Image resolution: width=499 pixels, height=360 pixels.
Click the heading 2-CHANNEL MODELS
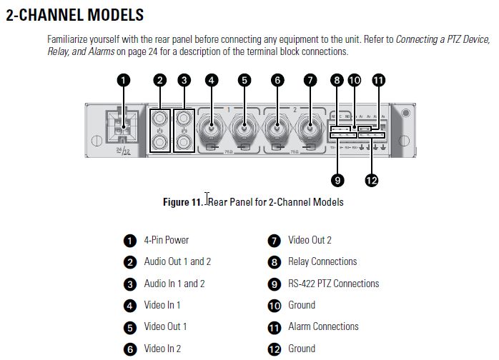pos(74,14)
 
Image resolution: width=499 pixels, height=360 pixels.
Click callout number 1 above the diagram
pos(124,81)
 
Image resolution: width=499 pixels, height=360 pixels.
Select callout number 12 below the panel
pos(371,181)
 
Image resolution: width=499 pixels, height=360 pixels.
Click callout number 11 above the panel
pos(378,81)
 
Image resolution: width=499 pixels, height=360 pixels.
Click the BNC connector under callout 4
pos(211,130)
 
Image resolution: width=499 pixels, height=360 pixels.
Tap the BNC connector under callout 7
pos(310,130)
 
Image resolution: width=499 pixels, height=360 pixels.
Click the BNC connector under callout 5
pos(244,130)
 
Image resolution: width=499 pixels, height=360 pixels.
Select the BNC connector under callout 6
pos(277,130)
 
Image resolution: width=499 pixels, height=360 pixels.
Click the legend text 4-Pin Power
pos(166,240)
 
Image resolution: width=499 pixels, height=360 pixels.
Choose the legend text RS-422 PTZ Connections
pos(333,284)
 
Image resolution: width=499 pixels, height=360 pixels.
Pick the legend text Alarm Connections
pos(323,326)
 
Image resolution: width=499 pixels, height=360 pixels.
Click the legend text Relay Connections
pos(322,261)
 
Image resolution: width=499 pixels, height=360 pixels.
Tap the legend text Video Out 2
pos(310,240)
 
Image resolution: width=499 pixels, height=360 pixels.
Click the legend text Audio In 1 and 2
pos(174,284)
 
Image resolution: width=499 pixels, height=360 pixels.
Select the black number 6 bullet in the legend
pos(130,349)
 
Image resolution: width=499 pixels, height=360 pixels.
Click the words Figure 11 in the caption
pos(182,202)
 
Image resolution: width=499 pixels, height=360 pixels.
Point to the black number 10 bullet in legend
pos(274,306)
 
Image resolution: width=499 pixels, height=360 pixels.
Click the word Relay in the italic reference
pos(60,52)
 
